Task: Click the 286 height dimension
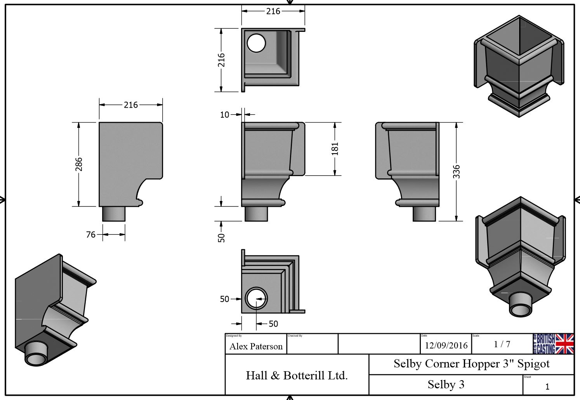(x=79, y=164)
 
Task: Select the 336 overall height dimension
(x=457, y=171)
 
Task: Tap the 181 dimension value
(x=335, y=148)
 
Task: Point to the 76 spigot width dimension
(x=90, y=234)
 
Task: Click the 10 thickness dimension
(x=224, y=115)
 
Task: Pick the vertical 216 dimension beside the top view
(x=221, y=60)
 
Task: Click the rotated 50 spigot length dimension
(x=221, y=238)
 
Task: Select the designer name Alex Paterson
(x=256, y=346)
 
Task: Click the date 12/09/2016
(x=446, y=345)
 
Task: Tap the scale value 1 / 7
(x=502, y=344)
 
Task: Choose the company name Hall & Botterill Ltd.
(x=297, y=376)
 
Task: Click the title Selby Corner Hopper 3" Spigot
(x=471, y=364)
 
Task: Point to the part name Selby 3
(x=446, y=384)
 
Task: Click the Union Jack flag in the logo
(x=565, y=344)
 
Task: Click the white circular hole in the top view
(x=256, y=43)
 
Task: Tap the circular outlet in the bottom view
(x=256, y=298)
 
